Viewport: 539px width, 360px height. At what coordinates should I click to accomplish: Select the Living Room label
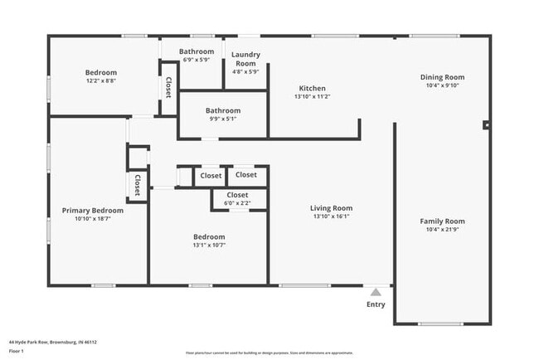[x=332, y=208]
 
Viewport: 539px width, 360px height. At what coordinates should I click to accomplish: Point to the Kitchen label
[x=312, y=88]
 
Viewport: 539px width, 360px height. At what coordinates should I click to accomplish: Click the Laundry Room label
[x=245, y=59]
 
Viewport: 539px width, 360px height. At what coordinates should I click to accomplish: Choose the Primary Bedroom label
[x=93, y=211]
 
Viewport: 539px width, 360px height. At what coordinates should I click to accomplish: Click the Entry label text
[x=376, y=304]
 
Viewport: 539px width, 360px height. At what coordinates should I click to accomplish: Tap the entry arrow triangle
[x=376, y=292]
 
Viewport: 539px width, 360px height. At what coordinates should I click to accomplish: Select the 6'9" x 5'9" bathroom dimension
[x=197, y=60]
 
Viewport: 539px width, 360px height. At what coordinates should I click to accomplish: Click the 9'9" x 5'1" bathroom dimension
[x=223, y=119]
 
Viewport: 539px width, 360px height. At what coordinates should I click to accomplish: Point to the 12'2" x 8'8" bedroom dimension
[x=101, y=80]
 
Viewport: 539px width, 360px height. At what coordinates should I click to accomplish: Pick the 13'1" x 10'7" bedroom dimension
[x=208, y=245]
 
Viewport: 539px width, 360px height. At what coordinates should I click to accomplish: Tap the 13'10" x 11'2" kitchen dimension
[x=312, y=96]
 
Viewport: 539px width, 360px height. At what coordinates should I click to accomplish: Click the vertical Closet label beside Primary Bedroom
[x=137, y=184]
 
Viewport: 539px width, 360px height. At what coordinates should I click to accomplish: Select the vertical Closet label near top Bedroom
[x=168, y=87]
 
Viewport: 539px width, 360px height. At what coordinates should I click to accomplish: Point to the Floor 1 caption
[x=17, y=351]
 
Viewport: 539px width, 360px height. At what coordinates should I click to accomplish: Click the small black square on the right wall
[x=487, y=125]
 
